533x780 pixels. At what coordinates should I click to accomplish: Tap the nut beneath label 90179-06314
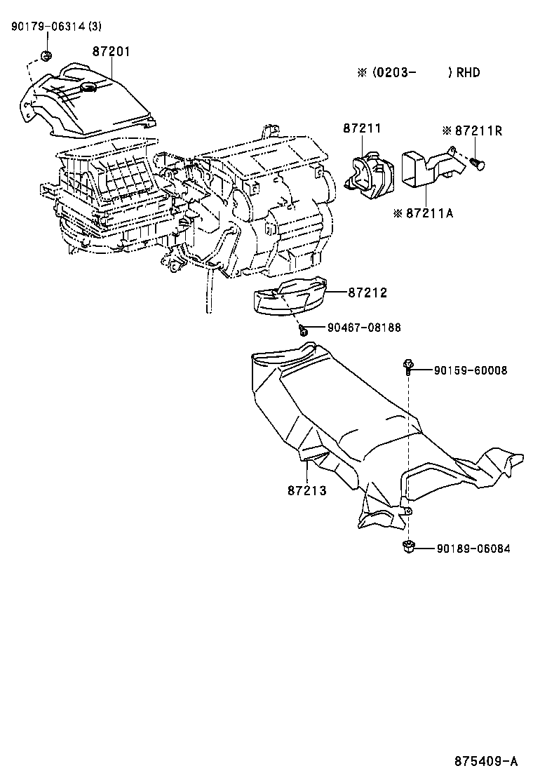[46, 56]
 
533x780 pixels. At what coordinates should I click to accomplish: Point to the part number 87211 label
[362, 128]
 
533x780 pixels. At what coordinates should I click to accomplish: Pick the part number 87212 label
[367, 292]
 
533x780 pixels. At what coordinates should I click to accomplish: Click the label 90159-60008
[470, 370]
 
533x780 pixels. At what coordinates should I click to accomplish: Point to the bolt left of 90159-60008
[407, 364]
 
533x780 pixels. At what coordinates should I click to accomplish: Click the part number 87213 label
[306, 490]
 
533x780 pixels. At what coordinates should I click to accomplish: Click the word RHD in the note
[468, 73]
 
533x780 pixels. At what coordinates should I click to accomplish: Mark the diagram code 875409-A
[485, 761]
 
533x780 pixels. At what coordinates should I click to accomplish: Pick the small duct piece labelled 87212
[289, 299]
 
